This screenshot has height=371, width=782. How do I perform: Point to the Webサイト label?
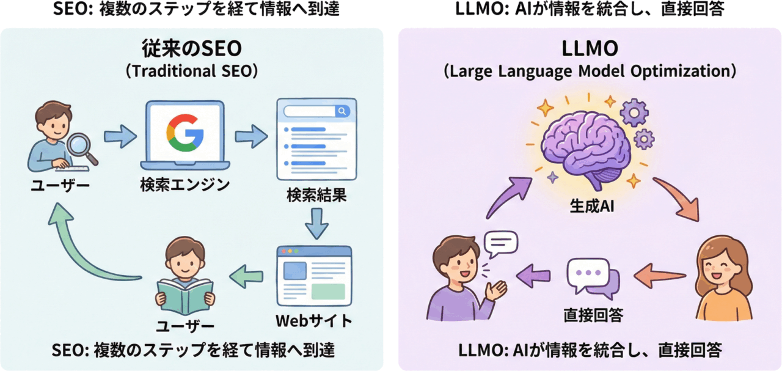pos(314,320)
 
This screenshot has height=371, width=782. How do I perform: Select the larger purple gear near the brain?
pos(634,113)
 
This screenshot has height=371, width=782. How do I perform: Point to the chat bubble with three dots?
pos(589,275)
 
